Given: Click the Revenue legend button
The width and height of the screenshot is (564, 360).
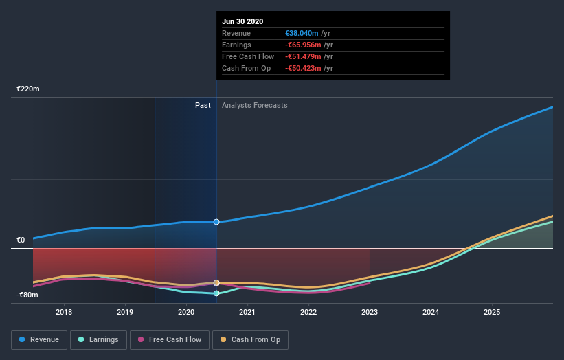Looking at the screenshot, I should pyautogui.click(x=39, y=339).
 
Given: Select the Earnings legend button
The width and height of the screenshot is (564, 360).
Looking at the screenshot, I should pyautogui.click(x=99, y=339).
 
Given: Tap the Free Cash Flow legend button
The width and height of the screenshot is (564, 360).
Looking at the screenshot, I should pyautogui.click(x=170, y=339).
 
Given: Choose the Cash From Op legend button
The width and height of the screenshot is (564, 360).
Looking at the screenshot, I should pyautogui.click(x=250, y=339).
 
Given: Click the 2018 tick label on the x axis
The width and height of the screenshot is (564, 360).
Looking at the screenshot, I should pyautogui.click(x=64, y=312).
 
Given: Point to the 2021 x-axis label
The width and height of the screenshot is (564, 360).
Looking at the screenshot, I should pyautogui.click(x=247, y=312).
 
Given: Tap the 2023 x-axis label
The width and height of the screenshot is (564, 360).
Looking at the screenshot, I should pyautogui.click(x=370, y=312).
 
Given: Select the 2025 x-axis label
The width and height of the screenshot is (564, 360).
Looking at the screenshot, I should pyautogui.click(x=492, y=312).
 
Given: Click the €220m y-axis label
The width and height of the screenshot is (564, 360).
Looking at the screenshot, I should pyautogui.click(x=28, y=89).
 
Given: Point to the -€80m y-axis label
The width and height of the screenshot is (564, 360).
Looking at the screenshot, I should pyautogui.click(x=28, y=295).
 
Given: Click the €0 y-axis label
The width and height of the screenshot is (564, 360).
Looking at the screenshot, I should pyautogui.click(x=21, y=240).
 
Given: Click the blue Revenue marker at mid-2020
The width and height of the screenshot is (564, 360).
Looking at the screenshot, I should pyautogui.click(x=216, y=222).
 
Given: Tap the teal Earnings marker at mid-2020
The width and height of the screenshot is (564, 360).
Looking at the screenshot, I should pyautogui.click(x=216, y=293).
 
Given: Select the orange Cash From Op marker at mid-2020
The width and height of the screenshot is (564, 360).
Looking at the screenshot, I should pyautogui.click(x=216, y=283).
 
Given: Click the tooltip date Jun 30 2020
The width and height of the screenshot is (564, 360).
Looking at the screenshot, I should pyautogui.click(x=242, y=22).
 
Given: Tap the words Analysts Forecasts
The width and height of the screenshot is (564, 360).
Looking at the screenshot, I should pyautogui.click(x=254, y=105).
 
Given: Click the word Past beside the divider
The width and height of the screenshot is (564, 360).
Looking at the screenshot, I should pyautogui.click(x=203, y=105).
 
